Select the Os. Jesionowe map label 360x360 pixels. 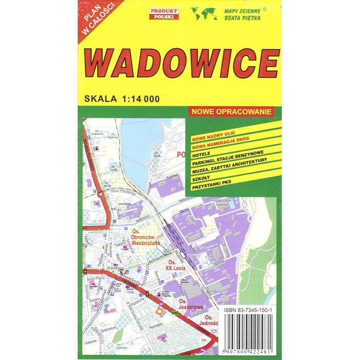(x=191, y=304)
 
